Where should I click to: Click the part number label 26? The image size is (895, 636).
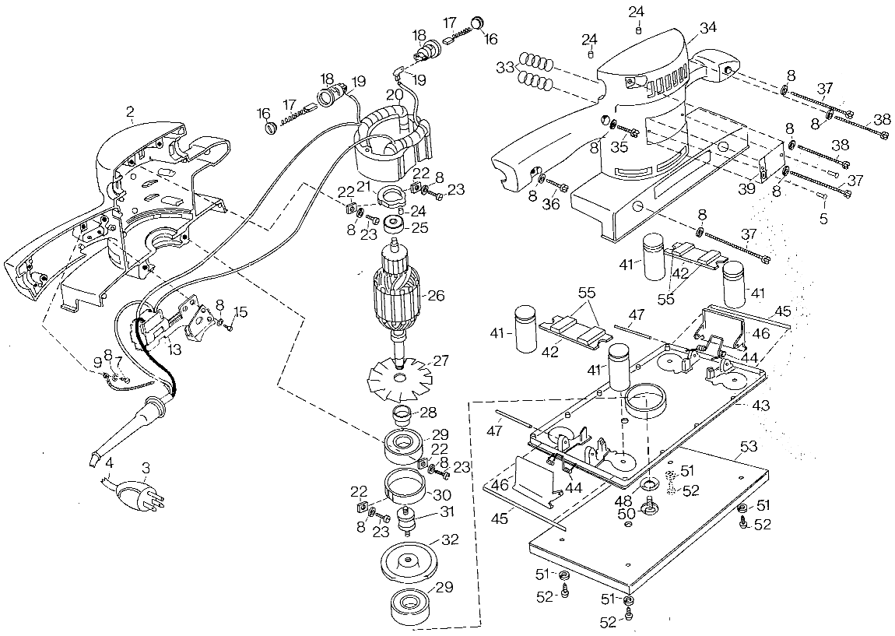click(436, 296)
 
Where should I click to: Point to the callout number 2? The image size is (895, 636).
click(130, 112)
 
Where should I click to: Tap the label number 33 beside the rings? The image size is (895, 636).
click(505, 68)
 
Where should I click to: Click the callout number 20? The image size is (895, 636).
click(395, 94)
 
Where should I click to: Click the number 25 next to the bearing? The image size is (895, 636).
click(419, 227)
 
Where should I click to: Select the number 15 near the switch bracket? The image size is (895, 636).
click(241, 312)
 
